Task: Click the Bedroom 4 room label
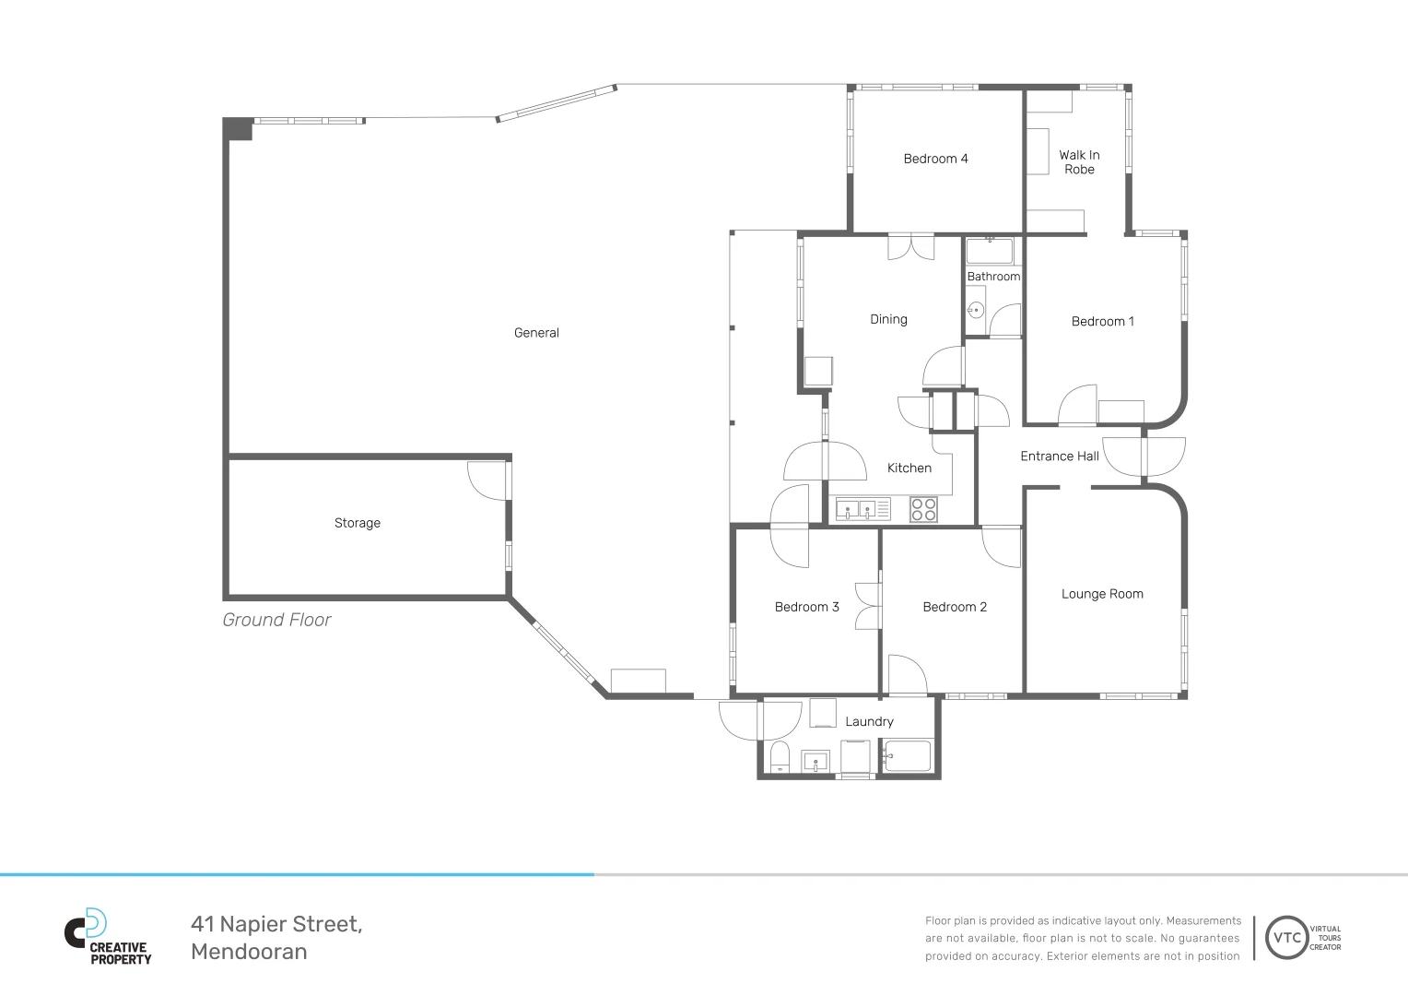[935, 159]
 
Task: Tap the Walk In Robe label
[1079, 161]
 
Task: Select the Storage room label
[357, 523]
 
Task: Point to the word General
[536, 333]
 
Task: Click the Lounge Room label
[1102, 594]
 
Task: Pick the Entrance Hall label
[1059, 456]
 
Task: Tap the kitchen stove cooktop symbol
[923, 510]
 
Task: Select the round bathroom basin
[976, 310]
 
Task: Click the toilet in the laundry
[780, 757]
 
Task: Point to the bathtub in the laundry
[907, 756]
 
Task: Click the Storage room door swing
[487, 480]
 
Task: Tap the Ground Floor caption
[276, 621]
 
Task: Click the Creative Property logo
[108, 937]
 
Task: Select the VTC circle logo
[1286, 938]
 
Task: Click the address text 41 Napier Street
[276, 924]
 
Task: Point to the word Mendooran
[249, 952]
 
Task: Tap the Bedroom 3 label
[806, 607]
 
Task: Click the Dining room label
[888, 320]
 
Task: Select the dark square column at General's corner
[238, 129]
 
